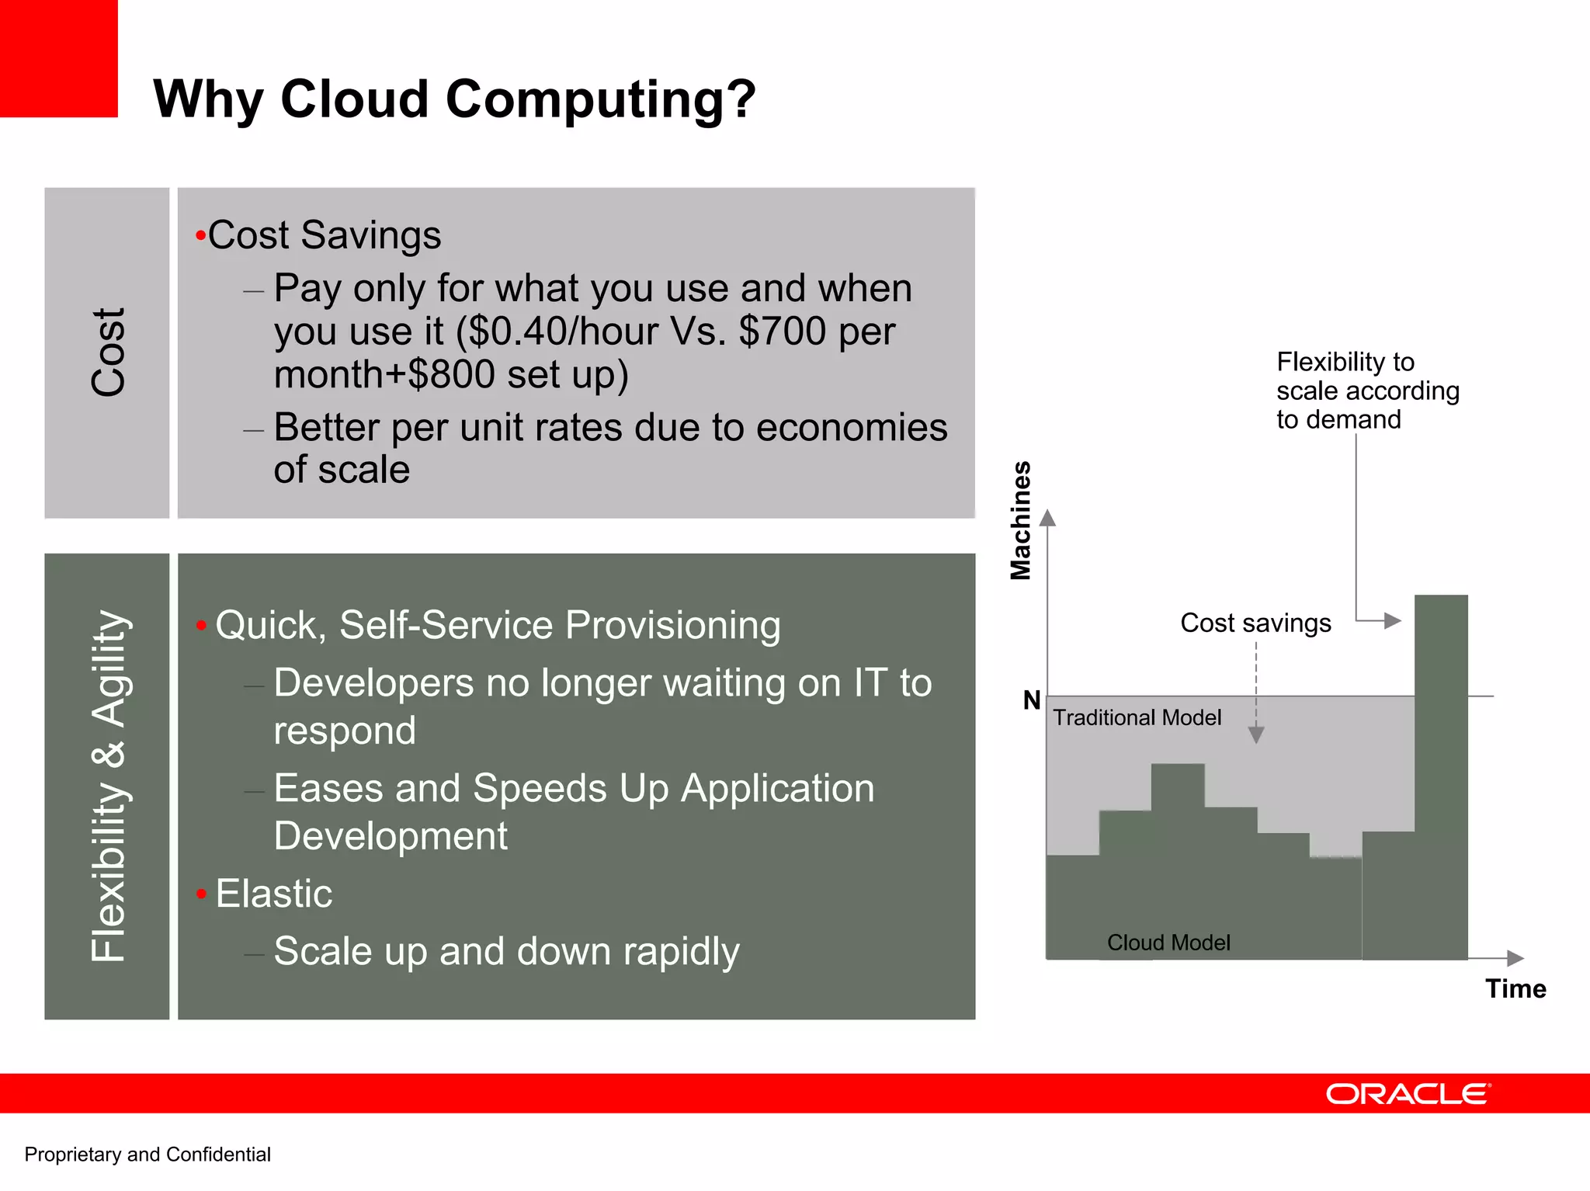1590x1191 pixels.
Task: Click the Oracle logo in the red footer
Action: [x=1408, y=1094]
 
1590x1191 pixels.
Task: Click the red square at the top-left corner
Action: [x=58, y=58]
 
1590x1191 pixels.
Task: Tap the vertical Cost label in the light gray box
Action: [x=108, y=352]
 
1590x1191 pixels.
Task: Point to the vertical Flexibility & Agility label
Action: [x=108, y=786]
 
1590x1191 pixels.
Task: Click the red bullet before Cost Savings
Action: [x=200, y=235]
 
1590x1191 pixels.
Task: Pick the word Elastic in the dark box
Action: [x=274, y=893]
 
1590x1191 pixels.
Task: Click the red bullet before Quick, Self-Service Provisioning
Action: [x=201, y=626]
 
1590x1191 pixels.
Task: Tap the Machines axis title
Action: [x=1020, y=520]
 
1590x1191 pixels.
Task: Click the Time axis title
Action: [x=1515, y=988]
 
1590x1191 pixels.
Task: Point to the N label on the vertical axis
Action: [x=1031, y=700]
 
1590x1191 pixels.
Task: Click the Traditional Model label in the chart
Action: [x=1137, y=717]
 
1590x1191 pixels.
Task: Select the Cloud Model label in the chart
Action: [x=1168, y=943]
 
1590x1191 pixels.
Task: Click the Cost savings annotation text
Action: [x=1255, y=623]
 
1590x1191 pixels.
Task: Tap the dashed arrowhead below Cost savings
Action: [x=1256, y=734]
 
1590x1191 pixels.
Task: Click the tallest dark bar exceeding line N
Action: [x=1441, y=776]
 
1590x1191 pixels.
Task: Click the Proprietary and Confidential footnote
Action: [x=148, y=1155]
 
